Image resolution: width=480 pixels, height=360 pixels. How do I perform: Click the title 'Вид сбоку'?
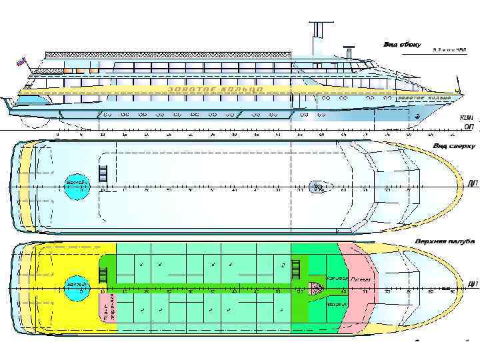pos(401,45)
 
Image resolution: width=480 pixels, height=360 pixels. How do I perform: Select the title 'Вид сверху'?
pos(454,145)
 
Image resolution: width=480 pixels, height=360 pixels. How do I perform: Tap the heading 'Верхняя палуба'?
pos(445,240)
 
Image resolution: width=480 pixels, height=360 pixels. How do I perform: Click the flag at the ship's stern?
pos(21,63)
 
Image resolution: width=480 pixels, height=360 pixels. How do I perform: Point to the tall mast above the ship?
pos(319,33)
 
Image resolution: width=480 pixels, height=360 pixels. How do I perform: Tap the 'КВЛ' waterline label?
pos(467,117)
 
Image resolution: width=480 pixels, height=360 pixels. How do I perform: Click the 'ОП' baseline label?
pos(468,126)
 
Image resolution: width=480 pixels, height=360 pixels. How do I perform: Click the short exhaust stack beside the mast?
pos(347,52)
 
